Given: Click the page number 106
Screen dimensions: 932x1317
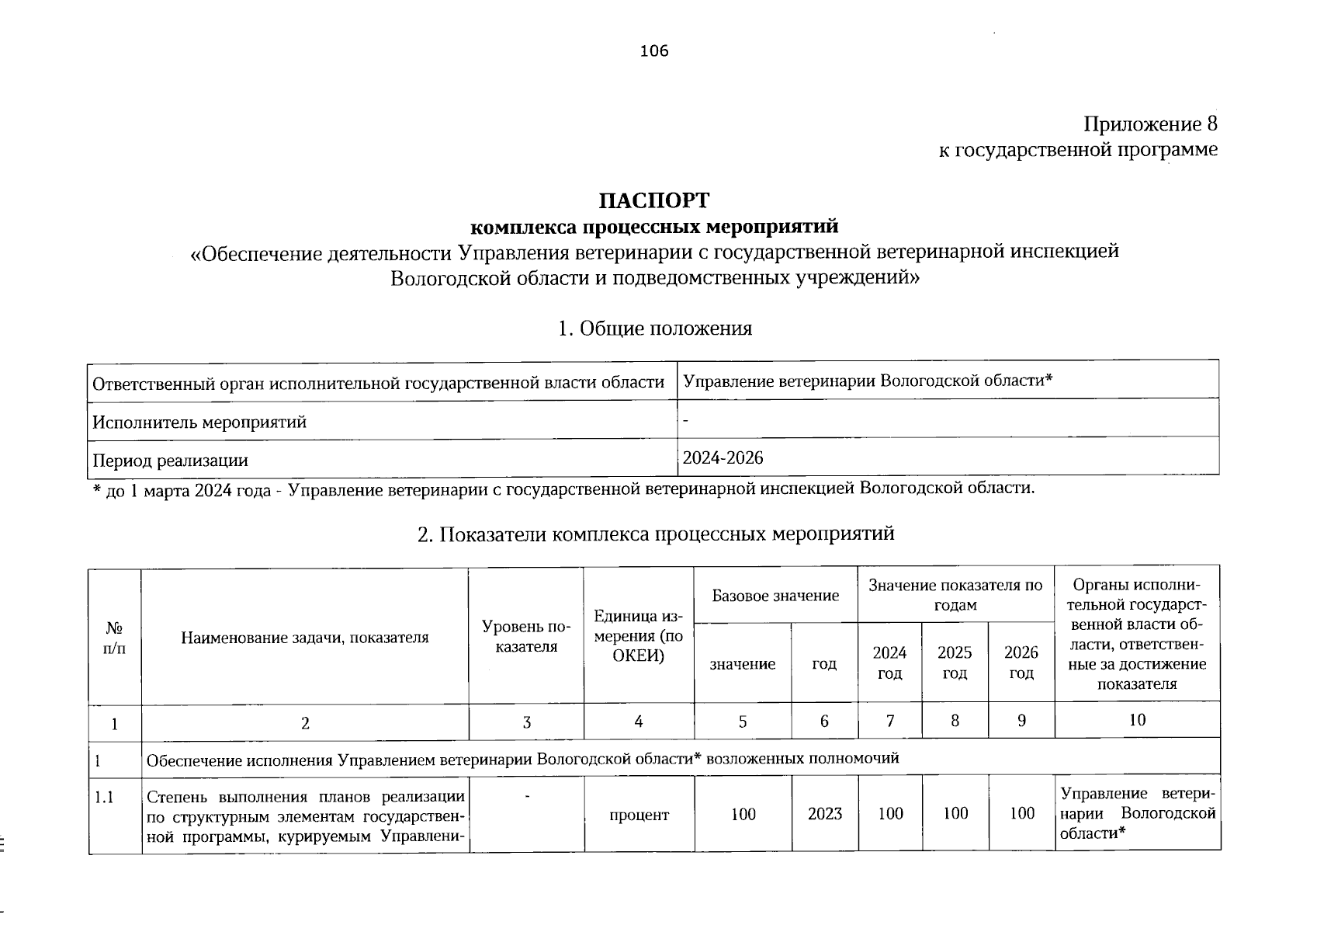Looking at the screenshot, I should (x=653, y=52).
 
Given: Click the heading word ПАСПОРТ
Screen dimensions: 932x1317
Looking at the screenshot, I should (x=653, y=200).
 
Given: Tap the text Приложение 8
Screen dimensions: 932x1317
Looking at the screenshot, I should (x=1150, y=124).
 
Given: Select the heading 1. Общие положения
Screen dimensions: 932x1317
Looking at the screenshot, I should (x=654, y=329).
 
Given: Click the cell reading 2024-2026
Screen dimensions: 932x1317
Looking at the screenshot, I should (x=723, y=458).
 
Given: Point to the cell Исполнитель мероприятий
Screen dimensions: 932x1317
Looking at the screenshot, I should (x=199, y=423).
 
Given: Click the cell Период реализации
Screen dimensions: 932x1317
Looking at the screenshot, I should (x=170, y=461).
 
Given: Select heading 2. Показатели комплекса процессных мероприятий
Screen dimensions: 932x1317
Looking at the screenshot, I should (x=656, y=534).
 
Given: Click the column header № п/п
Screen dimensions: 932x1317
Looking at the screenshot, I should (x=114, y=637).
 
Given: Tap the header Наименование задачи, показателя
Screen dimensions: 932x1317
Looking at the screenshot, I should (x=305, y=638).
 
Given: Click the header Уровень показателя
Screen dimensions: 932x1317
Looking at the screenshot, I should (x=525, y=637).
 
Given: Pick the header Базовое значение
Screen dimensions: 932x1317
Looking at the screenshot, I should (x=775, y=596).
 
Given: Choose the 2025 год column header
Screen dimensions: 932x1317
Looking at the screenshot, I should (x=955, y=662).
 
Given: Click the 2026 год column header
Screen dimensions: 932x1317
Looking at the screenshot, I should (x=1021, y=662).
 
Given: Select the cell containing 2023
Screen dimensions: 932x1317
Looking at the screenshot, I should (x=824, y=813).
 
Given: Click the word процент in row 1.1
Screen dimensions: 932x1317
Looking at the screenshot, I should (x=639, y=815).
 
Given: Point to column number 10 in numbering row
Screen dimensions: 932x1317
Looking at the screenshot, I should (x=1136, y=720).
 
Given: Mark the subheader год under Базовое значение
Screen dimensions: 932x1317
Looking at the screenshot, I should (x=824, y=664).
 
